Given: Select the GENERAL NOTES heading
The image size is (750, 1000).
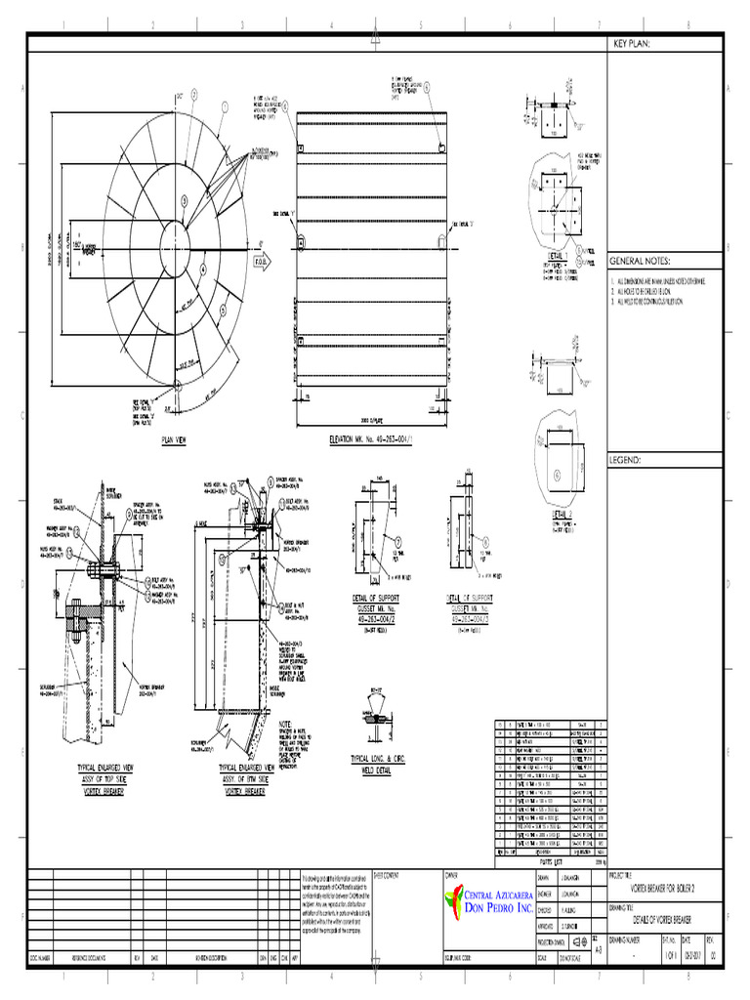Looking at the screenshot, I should point(641,262).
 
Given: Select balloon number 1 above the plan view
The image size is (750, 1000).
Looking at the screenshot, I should point(224,106).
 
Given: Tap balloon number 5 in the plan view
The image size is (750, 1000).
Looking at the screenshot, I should point(183,200).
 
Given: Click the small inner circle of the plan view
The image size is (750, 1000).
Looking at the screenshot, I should point(182,237).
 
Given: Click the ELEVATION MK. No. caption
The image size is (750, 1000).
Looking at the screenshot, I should point(372,440).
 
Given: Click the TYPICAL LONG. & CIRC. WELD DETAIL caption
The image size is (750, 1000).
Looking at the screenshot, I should point(376,764).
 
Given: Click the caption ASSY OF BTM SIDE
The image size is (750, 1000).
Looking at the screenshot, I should point(245,780).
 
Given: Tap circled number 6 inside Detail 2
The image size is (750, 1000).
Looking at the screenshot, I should point(557,475).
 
